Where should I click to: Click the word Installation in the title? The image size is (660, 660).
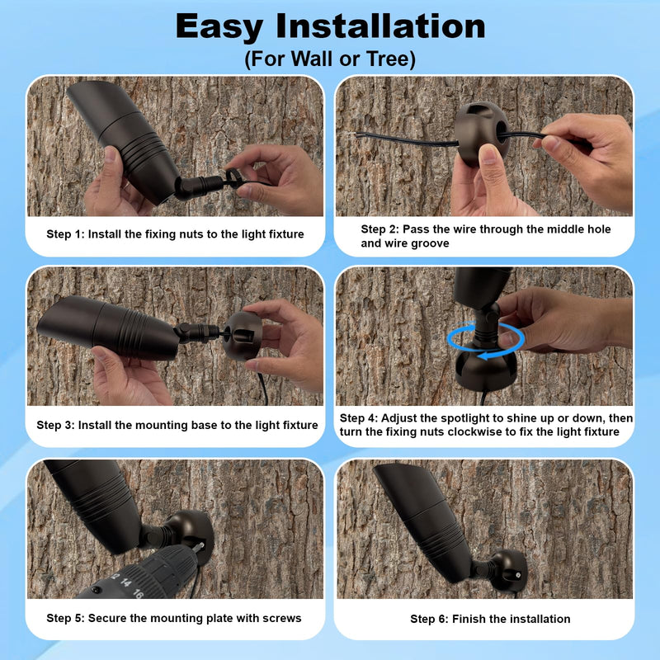[380, 27]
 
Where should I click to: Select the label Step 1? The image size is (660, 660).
[65, 234]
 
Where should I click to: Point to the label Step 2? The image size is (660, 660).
[379, 229]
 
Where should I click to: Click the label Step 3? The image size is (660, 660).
[55, 425]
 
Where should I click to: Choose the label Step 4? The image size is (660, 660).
[359, 418]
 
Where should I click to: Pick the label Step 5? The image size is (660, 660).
[65, 618]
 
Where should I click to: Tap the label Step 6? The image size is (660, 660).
[429, 619]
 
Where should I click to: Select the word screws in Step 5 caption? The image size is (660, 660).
[282, 618]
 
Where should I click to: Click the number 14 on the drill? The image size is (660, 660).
[125, 582]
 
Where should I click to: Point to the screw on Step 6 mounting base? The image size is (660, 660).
[518, 574]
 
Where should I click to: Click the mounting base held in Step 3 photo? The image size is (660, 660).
[243, 336]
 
